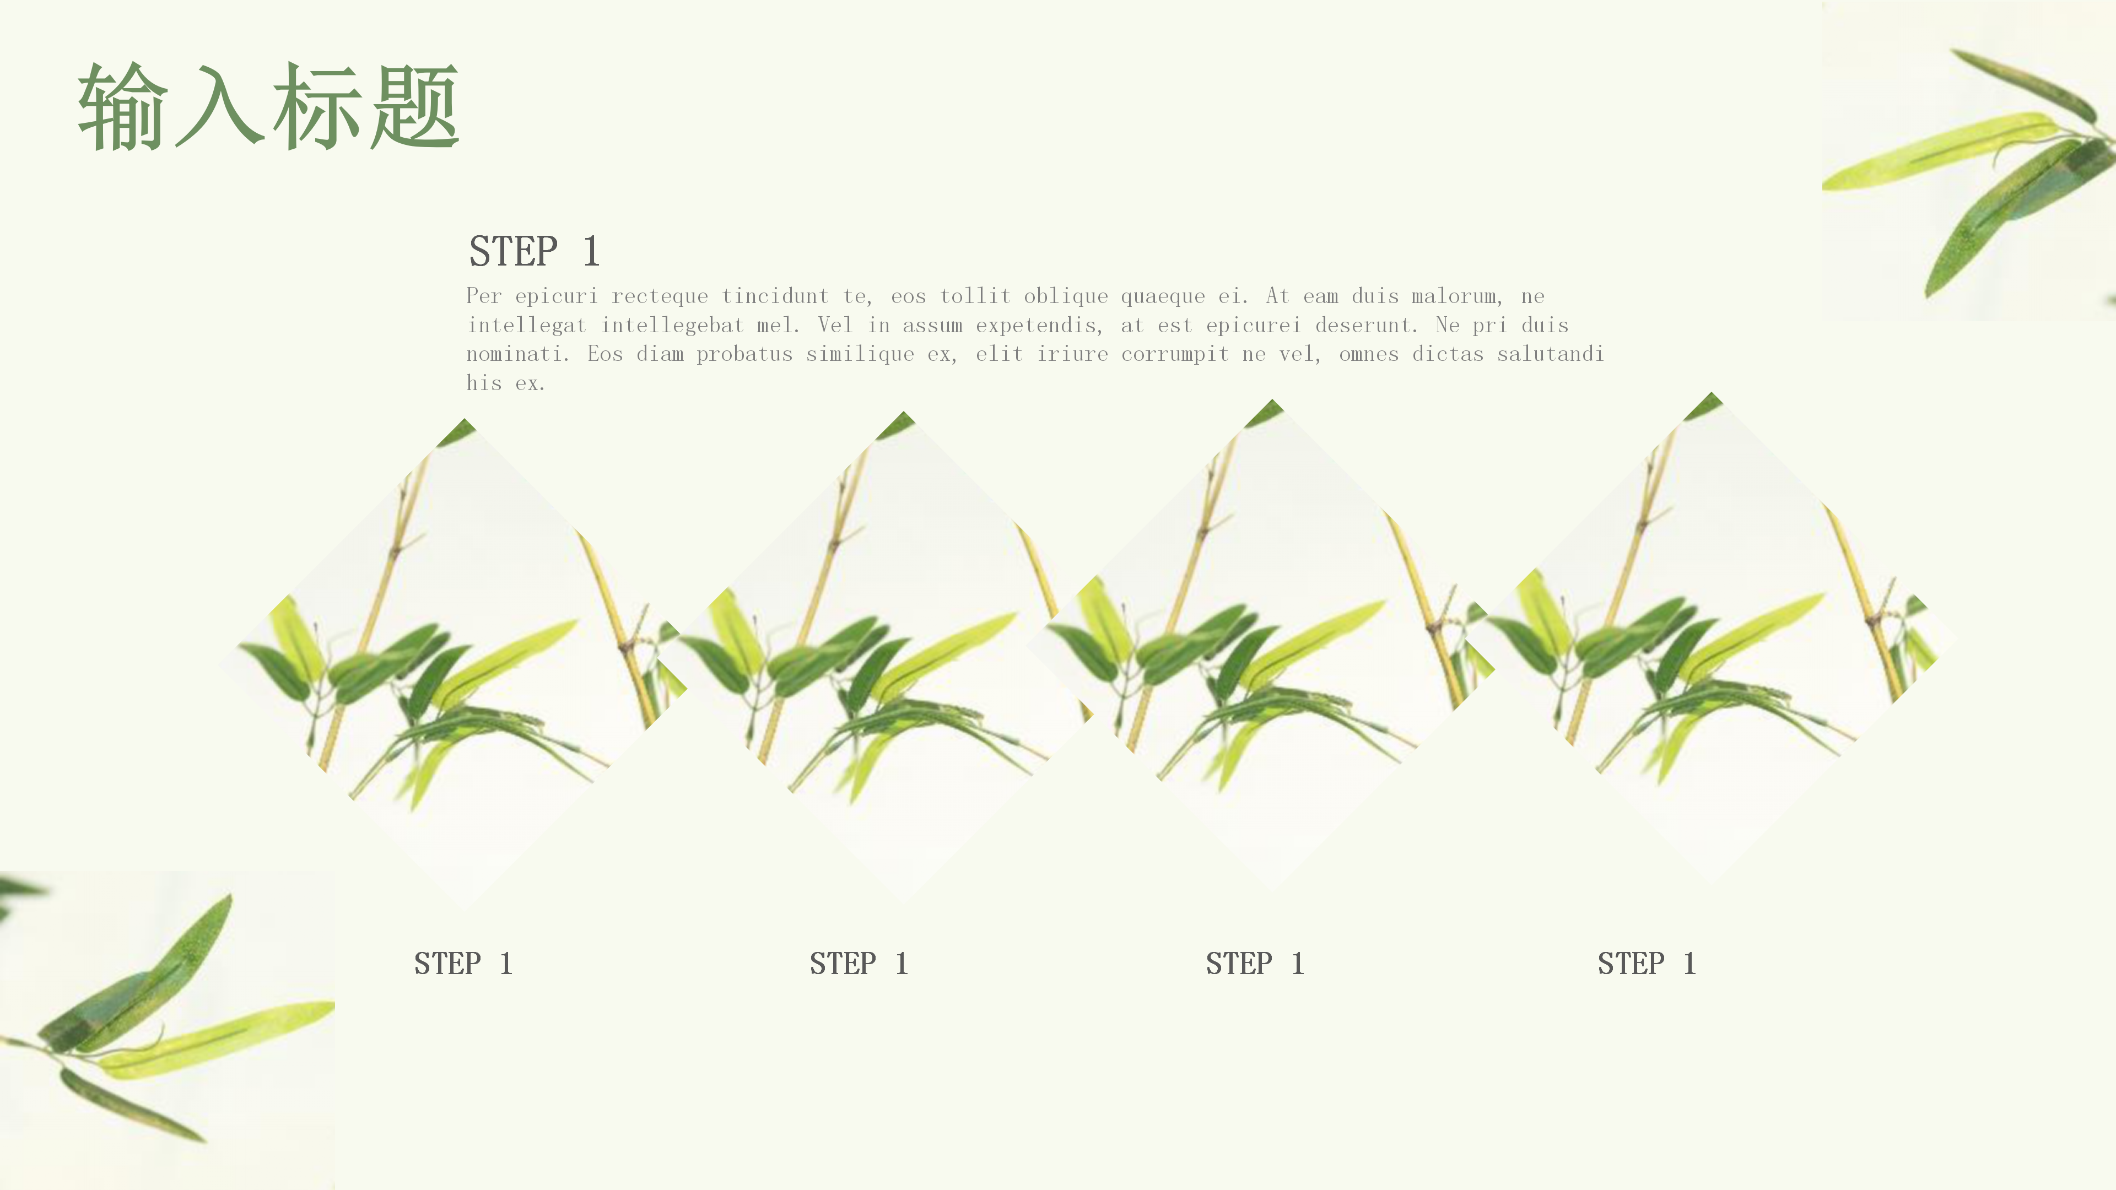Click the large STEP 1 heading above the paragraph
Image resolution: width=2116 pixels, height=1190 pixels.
(534, 251)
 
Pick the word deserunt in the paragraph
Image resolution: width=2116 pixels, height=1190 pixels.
(1367, 325)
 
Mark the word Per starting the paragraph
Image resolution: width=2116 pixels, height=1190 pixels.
(484, 296)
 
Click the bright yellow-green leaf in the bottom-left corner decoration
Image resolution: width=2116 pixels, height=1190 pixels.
(218, 1039)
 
